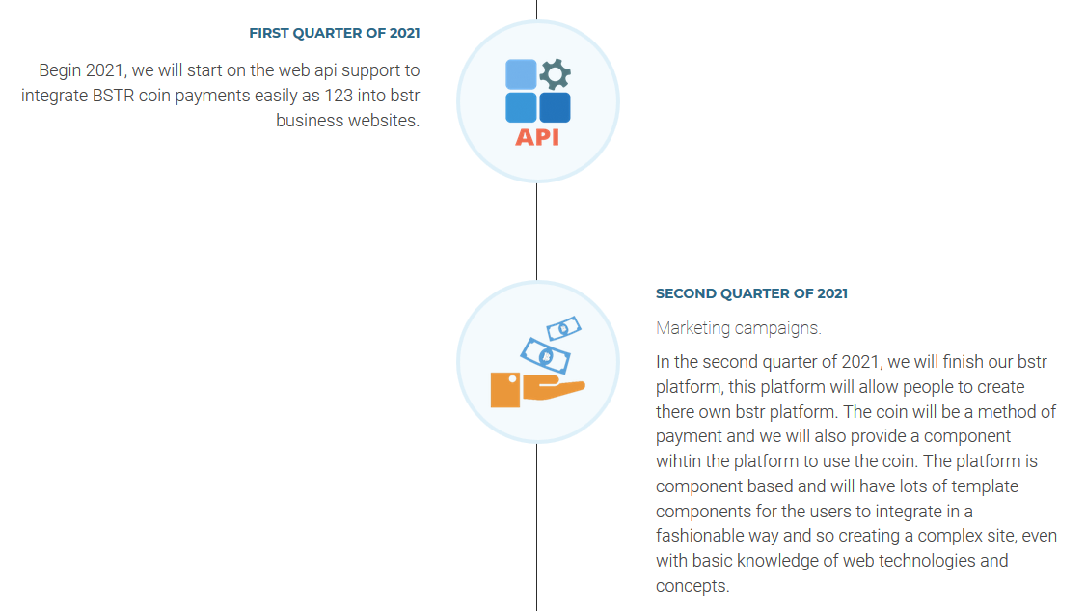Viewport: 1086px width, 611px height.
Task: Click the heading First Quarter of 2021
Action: [x=335, y=33]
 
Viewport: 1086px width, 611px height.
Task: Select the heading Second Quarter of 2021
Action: [x=751, y=293]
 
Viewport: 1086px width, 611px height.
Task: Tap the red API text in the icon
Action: [x=537, y=137]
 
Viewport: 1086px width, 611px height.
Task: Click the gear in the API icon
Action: [x=555, y=74]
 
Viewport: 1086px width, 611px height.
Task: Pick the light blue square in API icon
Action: [x=521, y=74]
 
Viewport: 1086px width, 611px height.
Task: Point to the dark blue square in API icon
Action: [x=555, y=107]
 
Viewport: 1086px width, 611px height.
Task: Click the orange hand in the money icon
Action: [x=554, y=388]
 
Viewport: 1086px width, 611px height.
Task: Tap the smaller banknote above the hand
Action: [x=564, y=328]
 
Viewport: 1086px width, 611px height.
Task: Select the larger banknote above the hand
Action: [x=546, y=355]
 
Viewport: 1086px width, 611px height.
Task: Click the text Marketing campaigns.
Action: [x=739, y=328]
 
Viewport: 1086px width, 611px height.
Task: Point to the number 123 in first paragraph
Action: [x=339, y=95]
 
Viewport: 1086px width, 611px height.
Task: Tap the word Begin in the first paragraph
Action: [x=60, y=70]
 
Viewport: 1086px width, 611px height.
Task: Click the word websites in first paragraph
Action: [x=384, y=120]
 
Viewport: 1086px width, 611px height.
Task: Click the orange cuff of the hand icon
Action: [x=505, y=390]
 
